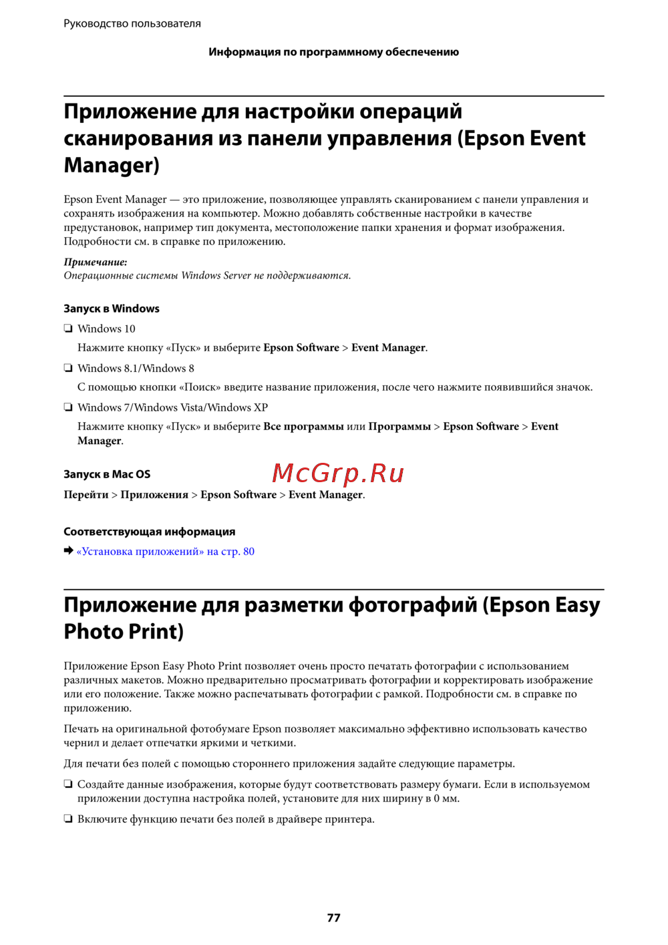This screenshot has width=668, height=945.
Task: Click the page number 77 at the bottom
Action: (333, 918)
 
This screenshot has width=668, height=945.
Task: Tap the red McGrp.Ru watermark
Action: (338, 474)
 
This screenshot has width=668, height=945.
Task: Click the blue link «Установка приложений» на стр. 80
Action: (166, 552)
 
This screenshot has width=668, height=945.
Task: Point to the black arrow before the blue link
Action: (68, 551)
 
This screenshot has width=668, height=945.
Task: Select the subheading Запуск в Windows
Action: (112, 309)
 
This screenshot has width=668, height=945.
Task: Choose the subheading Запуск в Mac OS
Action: (107, 474)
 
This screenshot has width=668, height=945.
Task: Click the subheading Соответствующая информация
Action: (149, 532)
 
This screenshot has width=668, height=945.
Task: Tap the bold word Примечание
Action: (95, 262)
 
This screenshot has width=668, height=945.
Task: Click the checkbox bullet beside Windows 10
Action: (68, 329)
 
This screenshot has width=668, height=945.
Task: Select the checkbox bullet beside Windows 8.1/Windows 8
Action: (68, 368)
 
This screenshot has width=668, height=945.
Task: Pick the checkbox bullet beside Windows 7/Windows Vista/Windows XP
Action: (68, 407)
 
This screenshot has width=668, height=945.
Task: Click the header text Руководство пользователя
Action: (132, 23)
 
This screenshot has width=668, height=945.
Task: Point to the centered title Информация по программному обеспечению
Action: (333, 52)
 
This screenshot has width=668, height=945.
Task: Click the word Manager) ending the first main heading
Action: (112, 165)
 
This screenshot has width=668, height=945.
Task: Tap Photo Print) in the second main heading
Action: (124, 632)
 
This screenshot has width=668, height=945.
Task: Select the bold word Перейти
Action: (86, 495)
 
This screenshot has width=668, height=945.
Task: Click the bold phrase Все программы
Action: (303, 427)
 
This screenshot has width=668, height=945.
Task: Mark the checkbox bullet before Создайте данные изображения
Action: (68, 785)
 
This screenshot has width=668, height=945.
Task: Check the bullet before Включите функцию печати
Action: (68, 819)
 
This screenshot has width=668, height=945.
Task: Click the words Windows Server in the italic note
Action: (216, 275)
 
